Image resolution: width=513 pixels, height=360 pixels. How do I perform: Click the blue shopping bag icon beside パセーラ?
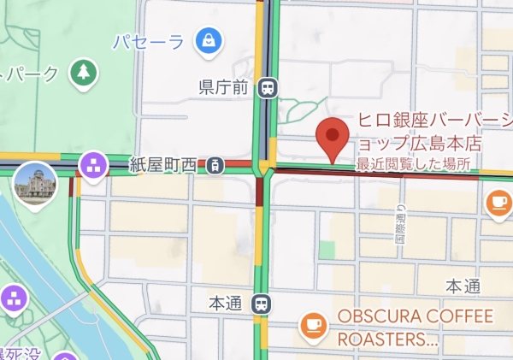click(x=208, y=39)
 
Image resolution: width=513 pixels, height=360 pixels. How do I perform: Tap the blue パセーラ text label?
click(x=149, y=40)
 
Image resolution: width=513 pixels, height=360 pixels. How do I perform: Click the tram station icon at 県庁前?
click(x=268, y=86)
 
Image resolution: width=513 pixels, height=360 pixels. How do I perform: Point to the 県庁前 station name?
click(x=223, y=86)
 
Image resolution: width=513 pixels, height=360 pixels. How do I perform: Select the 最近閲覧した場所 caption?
click(x=413, y=162)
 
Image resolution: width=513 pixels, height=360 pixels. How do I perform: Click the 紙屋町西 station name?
click(x=163, y=162)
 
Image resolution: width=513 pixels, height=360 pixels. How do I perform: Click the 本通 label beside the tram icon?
click(x=227, y=303)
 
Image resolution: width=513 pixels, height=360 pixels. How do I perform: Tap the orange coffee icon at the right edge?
click(x=498, y=203)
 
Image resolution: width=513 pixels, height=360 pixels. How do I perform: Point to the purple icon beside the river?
click(x=15, y=298)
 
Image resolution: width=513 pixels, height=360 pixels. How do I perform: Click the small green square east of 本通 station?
click(x=327, y=249)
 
